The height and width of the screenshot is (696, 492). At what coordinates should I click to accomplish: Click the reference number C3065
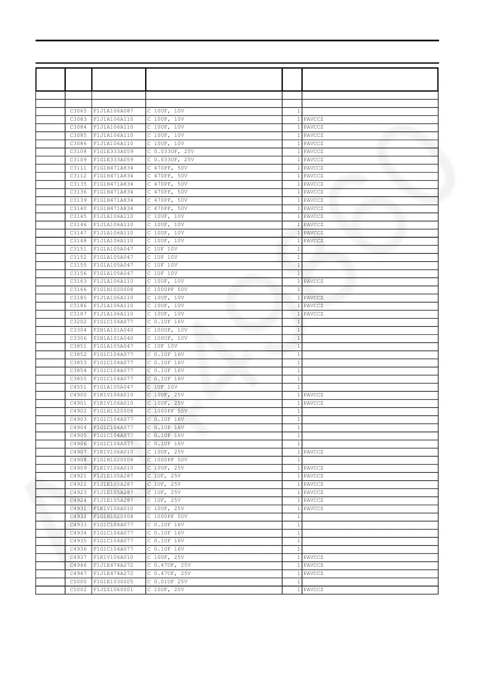(x=78, y=111)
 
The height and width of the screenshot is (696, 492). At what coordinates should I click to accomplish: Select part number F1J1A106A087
(x=113, y=111)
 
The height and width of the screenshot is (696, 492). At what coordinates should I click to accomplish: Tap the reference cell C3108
(x=78, y=152)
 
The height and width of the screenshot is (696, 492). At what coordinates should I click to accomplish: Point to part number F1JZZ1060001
(x=113, y=590)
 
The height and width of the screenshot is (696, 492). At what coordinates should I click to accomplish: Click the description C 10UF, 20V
(x=166, y=590)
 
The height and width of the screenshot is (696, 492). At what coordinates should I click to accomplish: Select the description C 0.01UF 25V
(x=167, y=582)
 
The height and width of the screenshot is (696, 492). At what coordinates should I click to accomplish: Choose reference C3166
(x=78, y=290)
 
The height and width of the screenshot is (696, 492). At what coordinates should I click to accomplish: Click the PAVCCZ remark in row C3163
(x=313, y=281)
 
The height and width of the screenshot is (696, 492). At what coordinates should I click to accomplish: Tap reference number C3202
(x=78, y=322)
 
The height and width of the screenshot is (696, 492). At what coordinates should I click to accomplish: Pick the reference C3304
(x=78, y=330)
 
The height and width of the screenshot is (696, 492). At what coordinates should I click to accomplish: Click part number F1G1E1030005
(x=113, y=582)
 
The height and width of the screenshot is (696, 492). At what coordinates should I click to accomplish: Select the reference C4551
(x=78, y=387)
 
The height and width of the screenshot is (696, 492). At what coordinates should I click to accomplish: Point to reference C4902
(x=78, y=411)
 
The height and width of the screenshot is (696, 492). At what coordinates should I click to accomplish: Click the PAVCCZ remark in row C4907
(x=313, y=452)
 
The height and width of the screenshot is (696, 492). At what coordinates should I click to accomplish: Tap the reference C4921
(x=78, y=476)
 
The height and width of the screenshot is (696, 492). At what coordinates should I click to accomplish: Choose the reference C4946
(x=78, y=565)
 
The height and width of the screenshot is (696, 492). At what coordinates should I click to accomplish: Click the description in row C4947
(x=169, y=574)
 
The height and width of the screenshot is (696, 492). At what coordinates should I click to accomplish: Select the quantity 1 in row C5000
(x=298, y=582)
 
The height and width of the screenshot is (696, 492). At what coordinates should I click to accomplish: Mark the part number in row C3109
(x=113, y=160)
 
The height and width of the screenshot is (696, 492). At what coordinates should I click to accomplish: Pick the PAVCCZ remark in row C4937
(x=313, y=558)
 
